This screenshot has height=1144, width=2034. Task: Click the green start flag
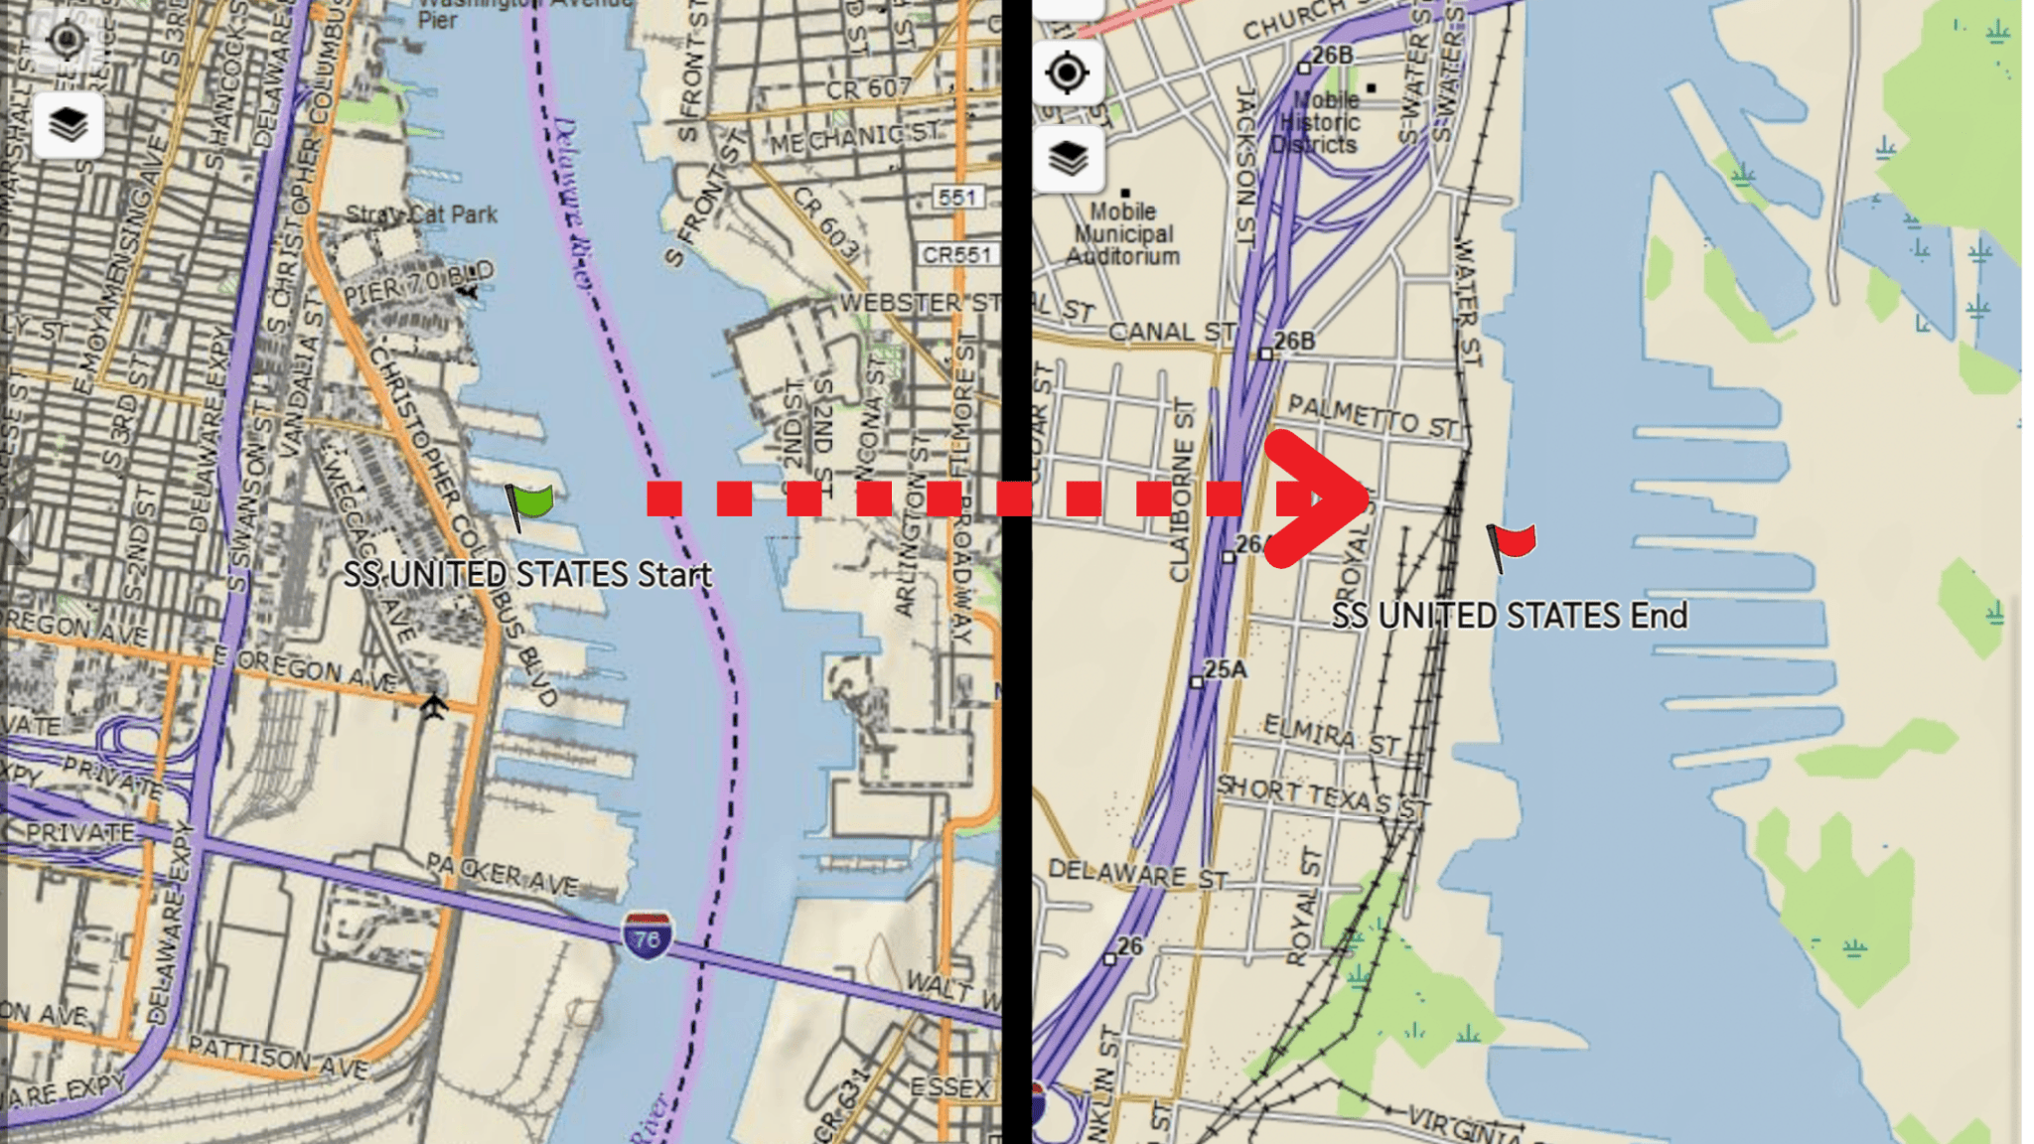pyautogui.click(x=530, y=503)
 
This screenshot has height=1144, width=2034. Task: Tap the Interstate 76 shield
pyautogui.click(x=647, y=936)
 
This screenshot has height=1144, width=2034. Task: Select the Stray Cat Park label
pyautogui.click(x=421, y=214)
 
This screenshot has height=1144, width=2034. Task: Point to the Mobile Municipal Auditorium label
pyautogui.click(x=1122, y=233)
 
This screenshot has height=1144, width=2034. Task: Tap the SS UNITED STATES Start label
pyautogui.click(x=527, y=574)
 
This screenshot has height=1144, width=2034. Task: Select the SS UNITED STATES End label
pyautogui.click(x=1509, y=616)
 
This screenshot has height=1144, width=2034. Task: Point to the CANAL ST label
pyautogui.click(x=1171, y=332)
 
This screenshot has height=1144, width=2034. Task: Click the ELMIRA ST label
pyautogui.click(x=1331, y=735)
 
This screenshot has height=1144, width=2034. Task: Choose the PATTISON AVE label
pyautogui.click(x=278, y=1058)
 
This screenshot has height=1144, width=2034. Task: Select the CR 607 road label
pyautogui.click(x=868, y=89)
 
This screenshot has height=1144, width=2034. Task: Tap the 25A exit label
pyautogui.click(x=1225, y=670)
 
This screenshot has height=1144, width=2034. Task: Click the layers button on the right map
pyautogui.click(x=1069, y=158)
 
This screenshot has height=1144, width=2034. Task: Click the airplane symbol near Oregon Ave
pyautogui.click(x=433, y=706)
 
